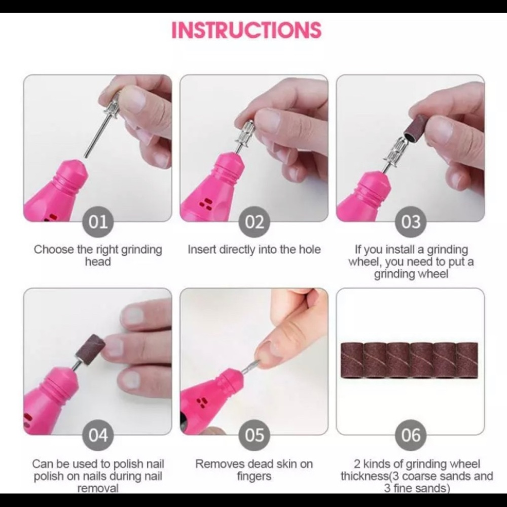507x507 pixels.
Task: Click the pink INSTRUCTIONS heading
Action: coord(246,30)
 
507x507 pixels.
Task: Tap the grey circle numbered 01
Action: coord(98,222)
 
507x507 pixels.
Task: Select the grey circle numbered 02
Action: coord(255,222)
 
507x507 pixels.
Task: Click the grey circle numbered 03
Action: coord(411,222)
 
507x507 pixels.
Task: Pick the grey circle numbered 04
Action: coord(98,435)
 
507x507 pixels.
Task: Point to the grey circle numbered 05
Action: coord(255,435)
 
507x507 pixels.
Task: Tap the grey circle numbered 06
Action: coord(411,435)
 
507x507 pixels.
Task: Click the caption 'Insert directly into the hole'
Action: coord(254,249)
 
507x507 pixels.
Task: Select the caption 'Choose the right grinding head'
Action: coord(98,256)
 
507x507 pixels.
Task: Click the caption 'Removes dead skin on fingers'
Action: coord(254,470)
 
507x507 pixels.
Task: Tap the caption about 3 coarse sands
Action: coord(416,476)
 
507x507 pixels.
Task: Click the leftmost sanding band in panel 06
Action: coord(351,359)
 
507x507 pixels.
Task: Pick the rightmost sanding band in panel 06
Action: coord(467,359)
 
